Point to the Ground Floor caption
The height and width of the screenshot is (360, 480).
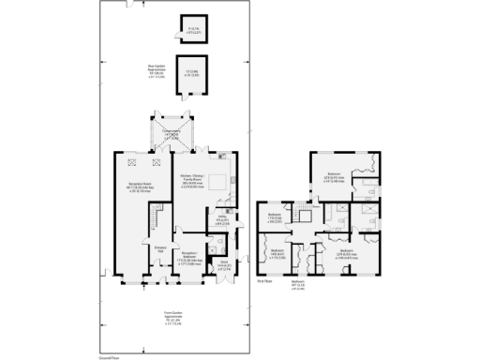tap(110, 356)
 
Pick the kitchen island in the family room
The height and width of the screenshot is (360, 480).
tap(217, 183)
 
